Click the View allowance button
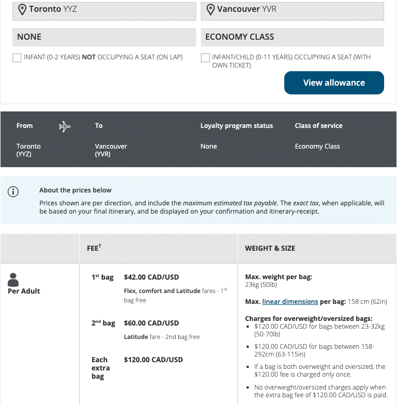pos(334,83)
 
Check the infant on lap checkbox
pos(17,58)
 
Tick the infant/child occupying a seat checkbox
pos(205,58)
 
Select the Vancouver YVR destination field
pos(292,10)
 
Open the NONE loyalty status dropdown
pos(104,37)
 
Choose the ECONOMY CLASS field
pos(292,37)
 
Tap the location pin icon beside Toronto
pos(22,10)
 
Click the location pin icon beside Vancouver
pos(210,10)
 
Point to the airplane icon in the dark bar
pos(65,126)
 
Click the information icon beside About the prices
pos(13,192)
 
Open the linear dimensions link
pos(290,301)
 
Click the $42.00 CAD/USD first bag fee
pos(151,277)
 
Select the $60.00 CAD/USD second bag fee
pos(151,323)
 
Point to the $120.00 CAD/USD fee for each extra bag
pos(153,360)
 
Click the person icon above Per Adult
pos(13,280)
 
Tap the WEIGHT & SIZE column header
pos(270,248)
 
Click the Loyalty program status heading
pos(236,126)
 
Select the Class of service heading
pos(318,126)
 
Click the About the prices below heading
pos(75,190)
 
